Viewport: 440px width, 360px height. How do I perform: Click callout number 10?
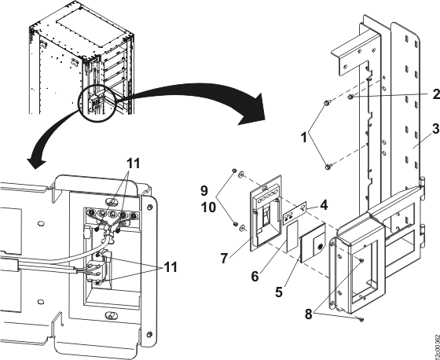pyautogui.click(x=208, y=208)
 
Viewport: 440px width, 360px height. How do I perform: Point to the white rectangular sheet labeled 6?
pyautogui.click(x=292, y=234)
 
